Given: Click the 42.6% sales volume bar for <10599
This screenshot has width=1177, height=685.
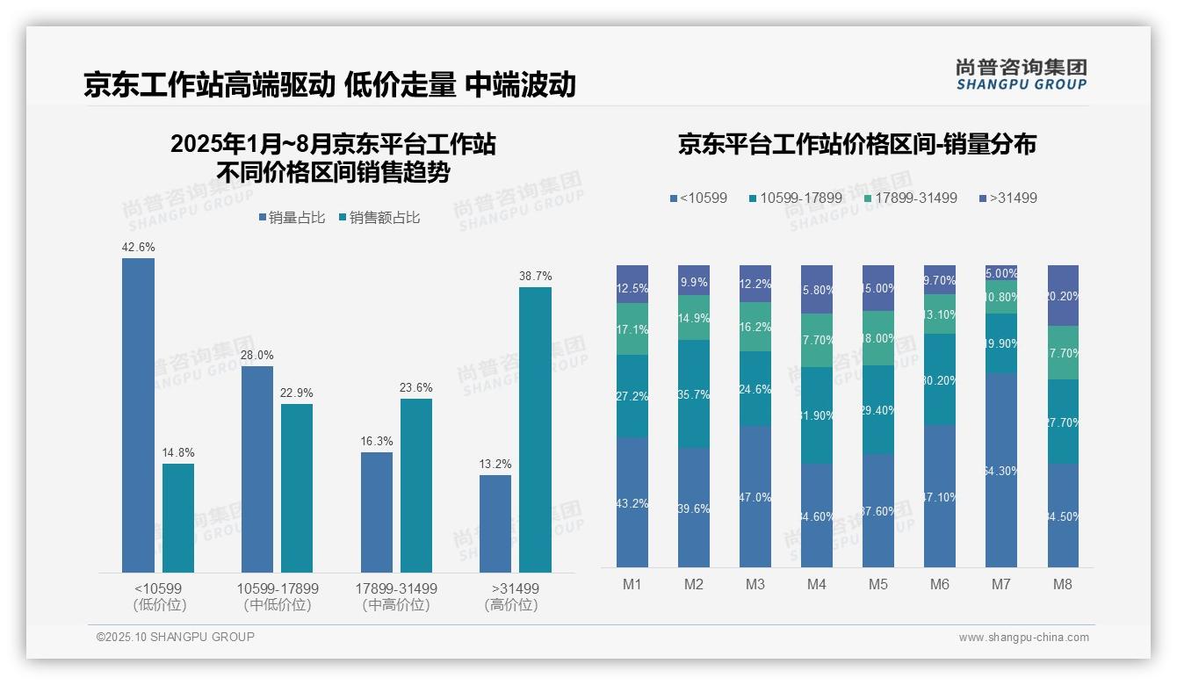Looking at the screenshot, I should tap(138, 415).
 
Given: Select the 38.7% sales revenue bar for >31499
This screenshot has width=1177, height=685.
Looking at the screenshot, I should tap(535, 429).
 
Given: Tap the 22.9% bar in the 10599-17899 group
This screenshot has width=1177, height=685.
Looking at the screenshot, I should tap(297, 487).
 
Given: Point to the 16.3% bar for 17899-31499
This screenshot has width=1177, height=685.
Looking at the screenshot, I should tap(377, 512).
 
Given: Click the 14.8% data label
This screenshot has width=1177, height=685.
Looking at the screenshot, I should tap(177, 453).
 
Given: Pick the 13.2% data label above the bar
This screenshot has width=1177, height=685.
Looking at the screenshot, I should tap(495, 465).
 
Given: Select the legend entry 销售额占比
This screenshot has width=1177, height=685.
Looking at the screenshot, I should tap(379, 218).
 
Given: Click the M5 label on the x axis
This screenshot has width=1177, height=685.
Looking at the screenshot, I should tap(878, 585).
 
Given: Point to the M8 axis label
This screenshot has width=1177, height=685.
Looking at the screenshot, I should tap(1063, 585).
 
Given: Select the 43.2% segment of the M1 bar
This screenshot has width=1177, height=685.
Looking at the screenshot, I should tap(632, 502).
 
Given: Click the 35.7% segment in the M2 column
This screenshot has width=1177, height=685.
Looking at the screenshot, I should tap(694, 393).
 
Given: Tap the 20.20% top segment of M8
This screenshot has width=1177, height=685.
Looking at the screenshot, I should tap(1063, 295).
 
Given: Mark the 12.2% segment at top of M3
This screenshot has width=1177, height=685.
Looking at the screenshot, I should tap(755, 283).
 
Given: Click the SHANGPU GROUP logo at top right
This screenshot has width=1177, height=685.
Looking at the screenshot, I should tap(1021, 75).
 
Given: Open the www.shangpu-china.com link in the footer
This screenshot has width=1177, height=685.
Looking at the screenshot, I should tap(1023, 638).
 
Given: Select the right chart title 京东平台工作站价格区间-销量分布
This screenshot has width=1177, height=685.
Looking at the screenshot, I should tap(856, 145).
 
